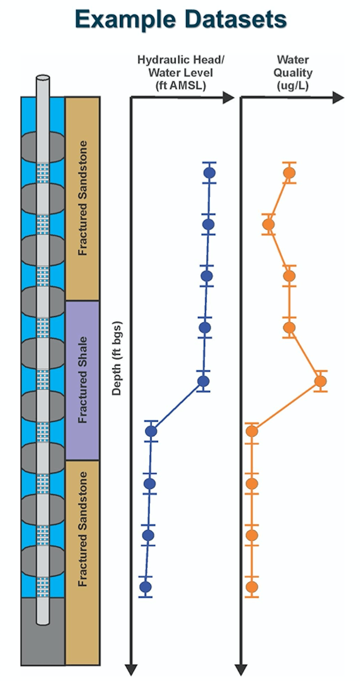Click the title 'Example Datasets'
pos(181,19)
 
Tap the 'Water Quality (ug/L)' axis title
pos(293,73)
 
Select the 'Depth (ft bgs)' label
pos(117,359)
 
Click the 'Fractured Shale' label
pos(82,380)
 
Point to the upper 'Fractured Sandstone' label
pos(82,198)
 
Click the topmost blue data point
pos(209,173)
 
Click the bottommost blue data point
pos(146,586)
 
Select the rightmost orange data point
pos(320,381)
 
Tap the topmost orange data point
pos(289,173)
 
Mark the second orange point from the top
pos(268,224)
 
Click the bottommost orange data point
pos(252,586)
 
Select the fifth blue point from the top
pos(203,381)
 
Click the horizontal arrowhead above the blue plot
pos(228,98)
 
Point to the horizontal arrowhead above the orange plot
pos(338,98)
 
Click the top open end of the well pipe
pos(43,79)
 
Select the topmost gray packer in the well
pos(43,146)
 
